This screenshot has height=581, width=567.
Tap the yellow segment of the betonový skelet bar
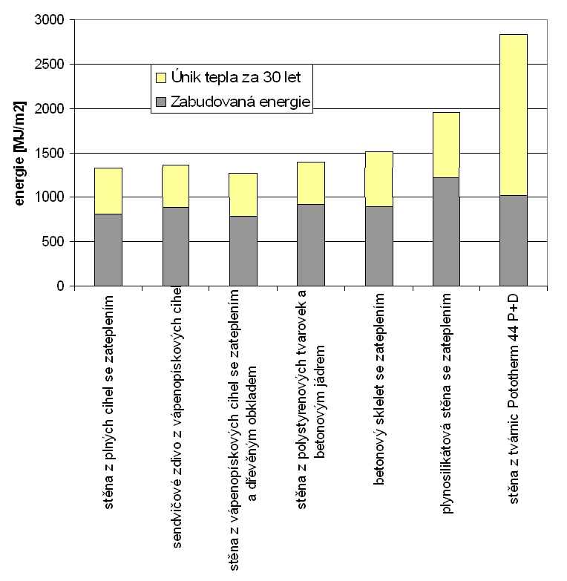tap(378, 179)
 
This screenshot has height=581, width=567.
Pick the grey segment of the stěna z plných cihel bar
tap(108, 249)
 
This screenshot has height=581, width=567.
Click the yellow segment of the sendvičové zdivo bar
tap(176, 186)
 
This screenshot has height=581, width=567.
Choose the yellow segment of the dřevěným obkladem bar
tap(243, 194)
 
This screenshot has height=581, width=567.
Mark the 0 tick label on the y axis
tap(60, 286)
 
